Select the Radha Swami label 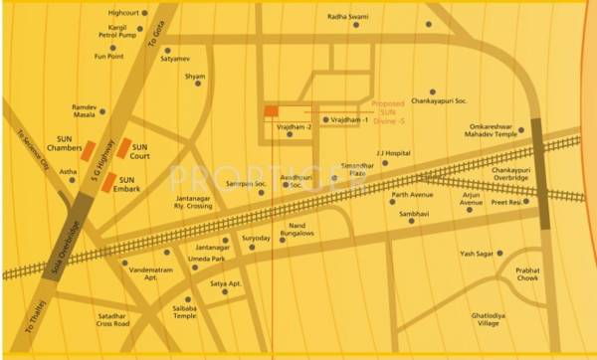[x=347, y=16]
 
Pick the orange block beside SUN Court [x=123, y=149]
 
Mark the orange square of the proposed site [x=271, y=110]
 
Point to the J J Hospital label [x=393, y=153]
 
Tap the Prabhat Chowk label [x=527, y=275]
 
